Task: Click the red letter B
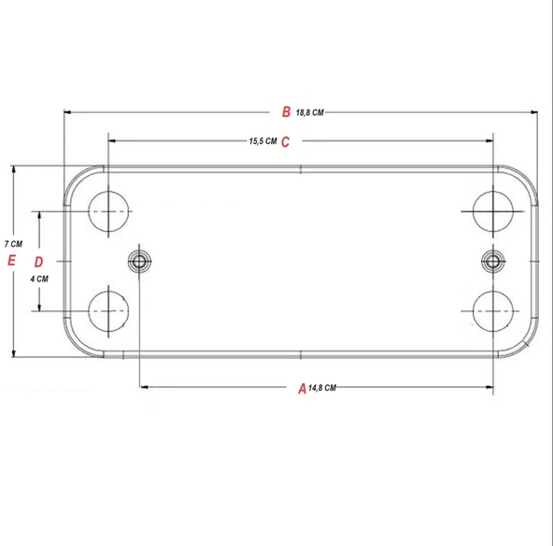point(287,112)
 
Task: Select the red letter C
point(286,142)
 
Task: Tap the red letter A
point(301,387)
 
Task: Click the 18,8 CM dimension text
point(309,113)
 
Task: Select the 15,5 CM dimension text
point(262,142)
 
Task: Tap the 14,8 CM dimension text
point(322,387)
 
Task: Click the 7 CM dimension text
point(13,243)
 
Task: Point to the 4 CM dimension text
point(39,279)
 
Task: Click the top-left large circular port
point(110,212)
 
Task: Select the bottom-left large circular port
point(110,310)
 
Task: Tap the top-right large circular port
point(493,212)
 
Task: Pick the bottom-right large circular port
point(493,310)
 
